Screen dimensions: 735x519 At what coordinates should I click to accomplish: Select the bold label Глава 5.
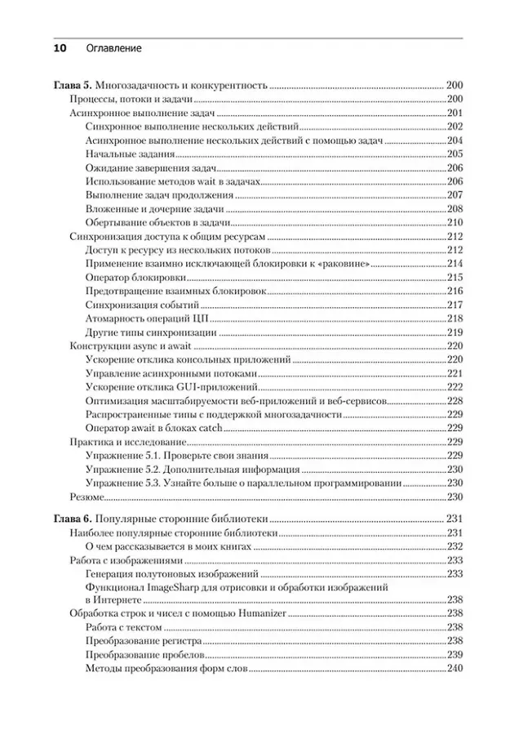pos(73,85)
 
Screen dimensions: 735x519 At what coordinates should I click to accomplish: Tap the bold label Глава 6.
pos(73,519)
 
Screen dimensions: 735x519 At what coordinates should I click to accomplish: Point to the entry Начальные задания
pos(124,154)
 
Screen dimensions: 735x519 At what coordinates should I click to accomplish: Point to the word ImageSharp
pos(175,587)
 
